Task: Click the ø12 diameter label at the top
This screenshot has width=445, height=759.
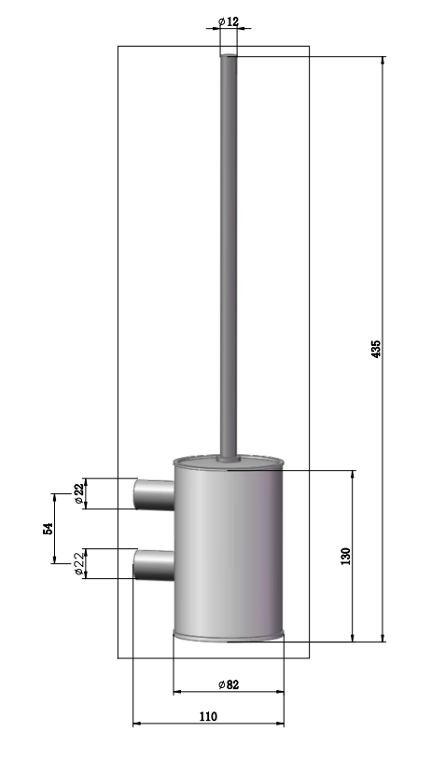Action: click(x=229, y=21)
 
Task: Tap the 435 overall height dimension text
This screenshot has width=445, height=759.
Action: click(x=376, y=349)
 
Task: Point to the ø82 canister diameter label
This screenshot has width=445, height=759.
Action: click(x=229, y=684)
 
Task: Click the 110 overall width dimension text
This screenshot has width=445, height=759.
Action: click(x=208, y=716)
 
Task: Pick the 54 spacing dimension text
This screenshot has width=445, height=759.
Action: click(x=48, y=529)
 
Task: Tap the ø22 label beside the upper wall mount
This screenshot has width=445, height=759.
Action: click(x=79, y=494)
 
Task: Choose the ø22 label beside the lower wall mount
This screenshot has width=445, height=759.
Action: click(x=79, y=563)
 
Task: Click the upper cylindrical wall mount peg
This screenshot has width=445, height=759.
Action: click(x=154, y=494)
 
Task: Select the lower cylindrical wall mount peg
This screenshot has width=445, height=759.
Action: click(x=154, y=564)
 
